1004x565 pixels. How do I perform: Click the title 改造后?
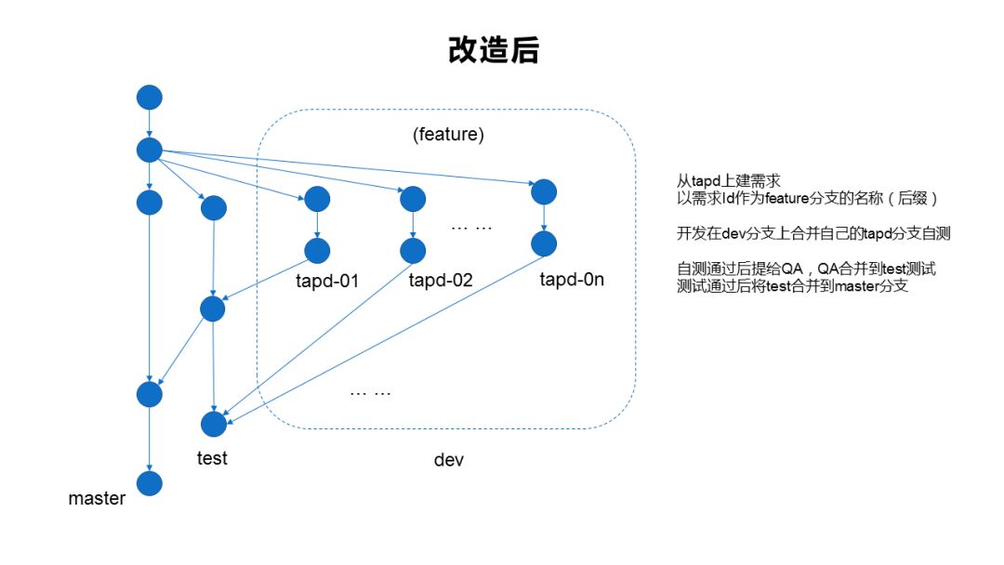pos(493,51)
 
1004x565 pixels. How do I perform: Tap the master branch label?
pos(97,498)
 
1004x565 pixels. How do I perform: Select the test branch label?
pos(212,458)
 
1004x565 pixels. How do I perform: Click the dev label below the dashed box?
pos(449,460)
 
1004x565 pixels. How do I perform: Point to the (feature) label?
pos(448,135)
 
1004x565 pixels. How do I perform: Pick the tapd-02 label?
pos(441,280)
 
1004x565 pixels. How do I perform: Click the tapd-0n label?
pos(572,278)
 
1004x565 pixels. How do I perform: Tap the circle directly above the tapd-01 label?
pos(317,251)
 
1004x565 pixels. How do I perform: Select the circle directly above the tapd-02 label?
pos(413,250)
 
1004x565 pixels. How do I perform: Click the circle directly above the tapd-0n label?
pos(544,243)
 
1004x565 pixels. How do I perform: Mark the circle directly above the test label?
pos(214,424)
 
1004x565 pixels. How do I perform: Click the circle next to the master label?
pos(149,483)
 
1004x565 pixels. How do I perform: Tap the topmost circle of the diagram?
pos(149,97)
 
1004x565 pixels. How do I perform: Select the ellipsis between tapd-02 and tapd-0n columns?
pos(469,227)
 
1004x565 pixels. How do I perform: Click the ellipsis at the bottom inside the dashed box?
pos(370,393)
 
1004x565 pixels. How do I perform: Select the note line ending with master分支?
pos(793,287)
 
